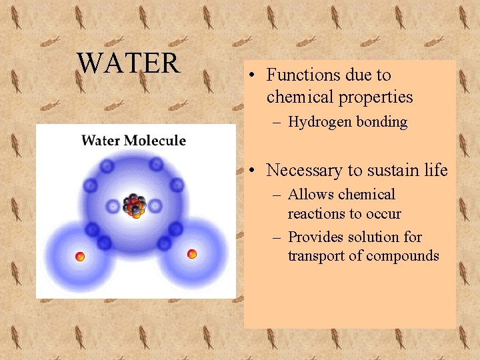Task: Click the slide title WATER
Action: (x=128, y=63)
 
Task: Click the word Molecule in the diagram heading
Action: (x=154, y=141)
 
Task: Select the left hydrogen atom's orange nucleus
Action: (x=80, y=257)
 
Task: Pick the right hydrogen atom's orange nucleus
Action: (x=192, y=253)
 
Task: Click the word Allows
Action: (x=311, y=195)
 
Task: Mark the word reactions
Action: (x=315, y=214)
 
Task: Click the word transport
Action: (x=314, y=256)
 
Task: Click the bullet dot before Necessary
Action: (x=256, y=171)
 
